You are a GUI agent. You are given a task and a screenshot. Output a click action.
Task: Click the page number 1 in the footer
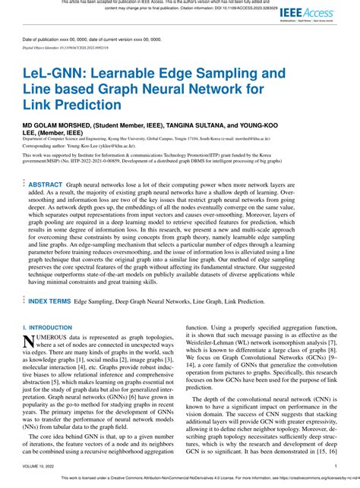335,467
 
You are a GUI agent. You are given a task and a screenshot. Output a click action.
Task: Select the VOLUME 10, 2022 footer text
39,467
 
